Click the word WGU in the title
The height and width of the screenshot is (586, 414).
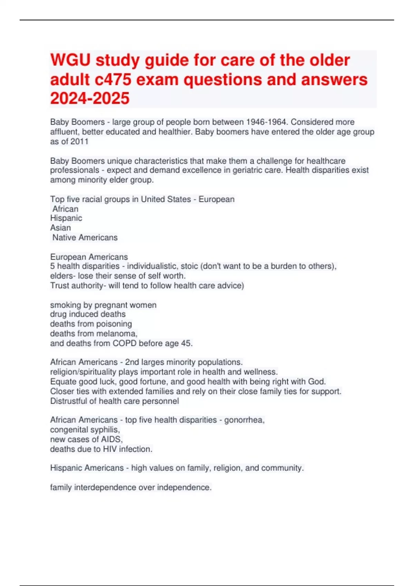[x=70, y=60]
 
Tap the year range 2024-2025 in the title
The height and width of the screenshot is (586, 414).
[x=90, y=98]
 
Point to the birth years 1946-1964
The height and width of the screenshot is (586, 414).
[x=267, y=122]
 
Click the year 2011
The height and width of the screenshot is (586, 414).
[x=80, y=141]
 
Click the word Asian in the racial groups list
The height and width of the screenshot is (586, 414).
[x=60, y=228]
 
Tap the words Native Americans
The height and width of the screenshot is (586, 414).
[x=85, y=238]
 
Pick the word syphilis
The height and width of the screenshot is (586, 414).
[x=105, y=430]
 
